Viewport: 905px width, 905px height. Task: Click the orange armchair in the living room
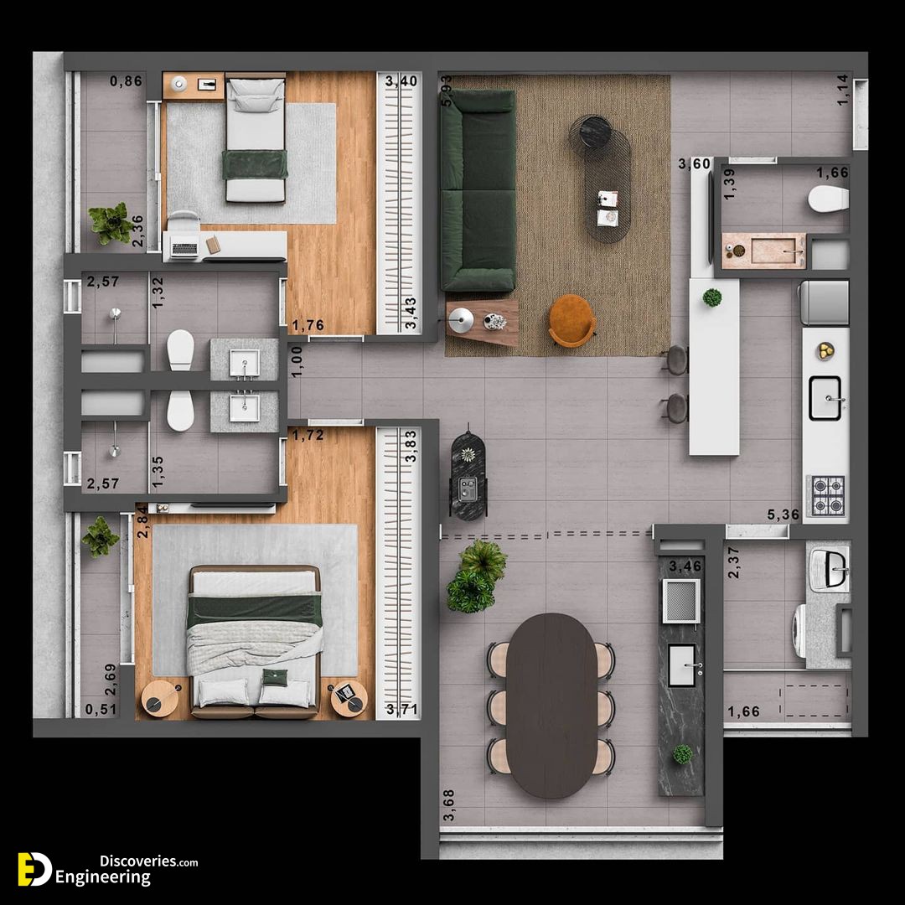point(572,321)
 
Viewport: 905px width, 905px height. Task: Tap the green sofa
point(478,190)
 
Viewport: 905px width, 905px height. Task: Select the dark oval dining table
point(551,706)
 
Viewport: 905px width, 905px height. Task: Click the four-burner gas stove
point(828,495)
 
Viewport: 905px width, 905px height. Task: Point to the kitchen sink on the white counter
point(825,398)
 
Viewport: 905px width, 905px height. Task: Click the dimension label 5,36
point(783,515)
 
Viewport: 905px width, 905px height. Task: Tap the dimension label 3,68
point(448,804)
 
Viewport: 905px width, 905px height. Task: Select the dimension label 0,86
point(126,81)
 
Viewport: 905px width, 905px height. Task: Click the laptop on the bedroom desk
point(184,250)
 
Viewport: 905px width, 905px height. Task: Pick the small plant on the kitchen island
point(712,297)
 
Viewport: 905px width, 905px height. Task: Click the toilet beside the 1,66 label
point(828,199)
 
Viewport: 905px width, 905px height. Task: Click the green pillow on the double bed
point(275,677)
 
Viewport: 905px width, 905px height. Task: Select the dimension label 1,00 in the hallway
point(297,362)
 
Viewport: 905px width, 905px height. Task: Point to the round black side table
point(591,132)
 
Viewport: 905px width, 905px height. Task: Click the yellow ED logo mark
point(34,869)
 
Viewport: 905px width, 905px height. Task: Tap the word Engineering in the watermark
point(103,877)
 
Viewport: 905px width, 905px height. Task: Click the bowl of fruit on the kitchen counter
point(825,351)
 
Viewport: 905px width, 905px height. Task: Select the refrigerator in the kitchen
point(824,303)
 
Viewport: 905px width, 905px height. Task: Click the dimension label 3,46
point(685,566)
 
